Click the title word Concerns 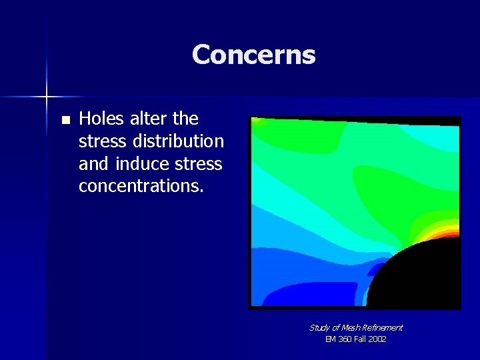253,55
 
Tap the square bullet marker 65,121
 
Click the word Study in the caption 319,327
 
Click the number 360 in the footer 345,339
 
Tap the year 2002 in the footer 376,339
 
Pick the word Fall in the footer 360,339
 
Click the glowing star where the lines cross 47,97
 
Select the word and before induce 95,164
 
